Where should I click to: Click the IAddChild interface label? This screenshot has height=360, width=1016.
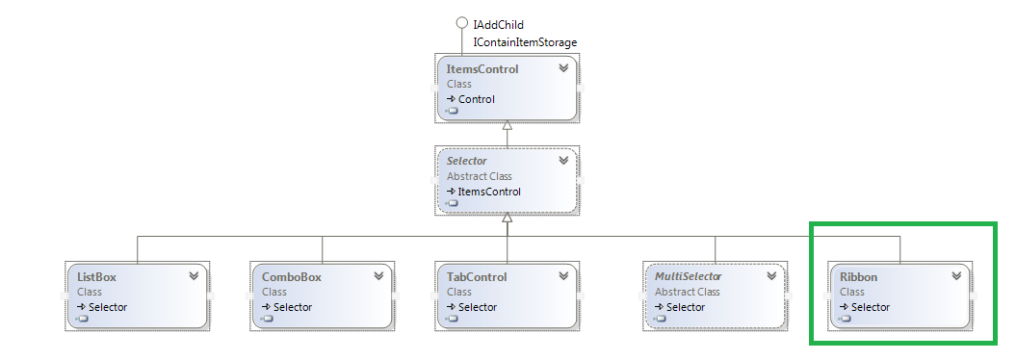499,24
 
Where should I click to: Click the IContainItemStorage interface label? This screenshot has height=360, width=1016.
525,42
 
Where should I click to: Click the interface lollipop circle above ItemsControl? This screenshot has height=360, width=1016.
461,23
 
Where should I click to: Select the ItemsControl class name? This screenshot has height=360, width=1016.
482,69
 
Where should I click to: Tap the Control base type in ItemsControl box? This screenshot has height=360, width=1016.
476,99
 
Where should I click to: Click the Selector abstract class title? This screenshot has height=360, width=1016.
467,161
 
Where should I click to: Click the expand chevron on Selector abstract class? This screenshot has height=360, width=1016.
563,161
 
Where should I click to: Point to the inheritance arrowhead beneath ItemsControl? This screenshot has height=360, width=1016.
508,127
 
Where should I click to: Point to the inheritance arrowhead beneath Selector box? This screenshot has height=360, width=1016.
508,219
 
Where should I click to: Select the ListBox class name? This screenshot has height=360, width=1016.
96,276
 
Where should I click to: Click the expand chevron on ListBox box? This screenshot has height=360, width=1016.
194,276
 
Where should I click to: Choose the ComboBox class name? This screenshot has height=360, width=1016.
291,276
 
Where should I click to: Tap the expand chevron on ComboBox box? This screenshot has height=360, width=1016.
378,276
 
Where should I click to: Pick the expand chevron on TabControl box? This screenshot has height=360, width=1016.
563,276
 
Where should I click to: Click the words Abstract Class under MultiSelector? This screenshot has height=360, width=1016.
688,292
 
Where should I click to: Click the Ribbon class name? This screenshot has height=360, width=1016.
858,276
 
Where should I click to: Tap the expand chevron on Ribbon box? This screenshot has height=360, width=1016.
956,275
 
